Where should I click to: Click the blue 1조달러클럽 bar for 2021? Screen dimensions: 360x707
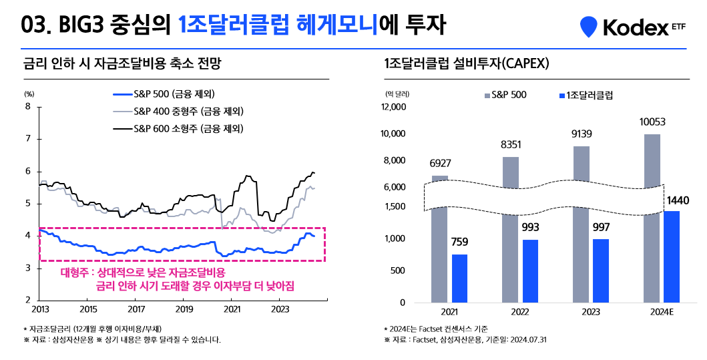[460, 278]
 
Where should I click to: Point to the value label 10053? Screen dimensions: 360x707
[652, 122]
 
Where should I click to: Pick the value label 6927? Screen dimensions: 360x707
[440, 164]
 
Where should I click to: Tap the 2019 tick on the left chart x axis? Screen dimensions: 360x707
[184, 310]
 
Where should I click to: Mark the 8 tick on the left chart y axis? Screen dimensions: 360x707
[27, 106]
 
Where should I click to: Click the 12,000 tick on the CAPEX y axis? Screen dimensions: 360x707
[393, 107]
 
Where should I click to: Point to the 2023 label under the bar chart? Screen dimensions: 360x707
[591, 312]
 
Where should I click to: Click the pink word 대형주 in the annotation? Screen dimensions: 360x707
[73, 273]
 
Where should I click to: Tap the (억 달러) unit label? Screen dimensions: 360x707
[397, 94]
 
